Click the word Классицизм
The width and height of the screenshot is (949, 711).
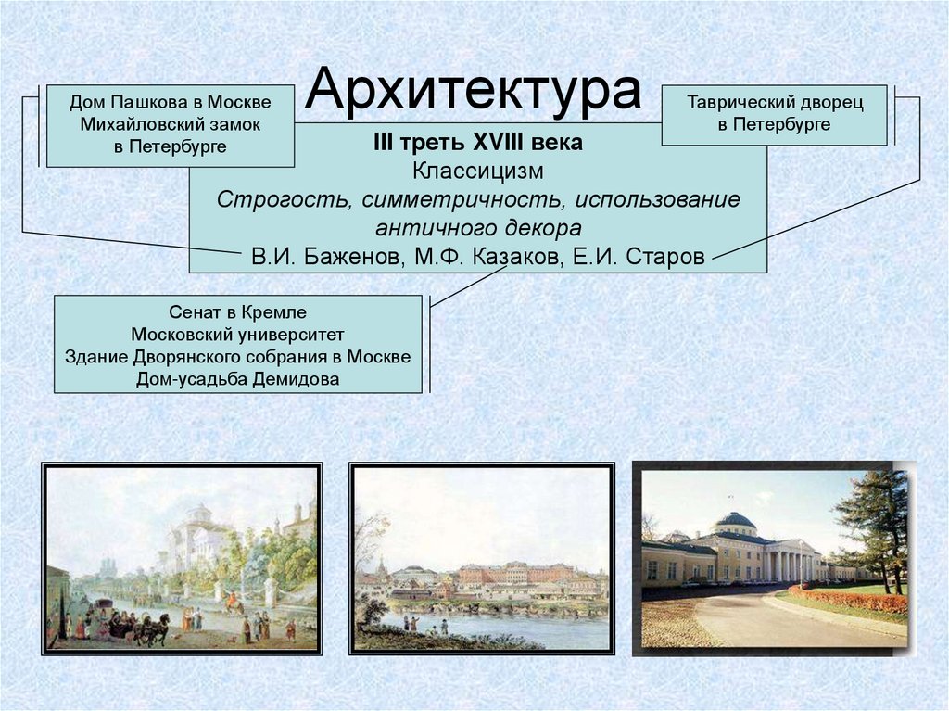[x=477, y=171]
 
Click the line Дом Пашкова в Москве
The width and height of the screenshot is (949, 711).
[x=170, y=101]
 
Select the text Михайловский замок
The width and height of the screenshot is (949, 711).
[x=170, y=123]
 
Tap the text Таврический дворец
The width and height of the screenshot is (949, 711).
[x=774, y=103]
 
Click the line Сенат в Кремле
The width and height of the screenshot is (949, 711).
[x=237, y=312]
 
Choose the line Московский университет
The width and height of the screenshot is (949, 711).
[x=237, y=335]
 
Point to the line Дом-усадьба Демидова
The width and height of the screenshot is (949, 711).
[x=237, y=379]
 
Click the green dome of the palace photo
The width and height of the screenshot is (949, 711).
[x=737, y=522]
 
